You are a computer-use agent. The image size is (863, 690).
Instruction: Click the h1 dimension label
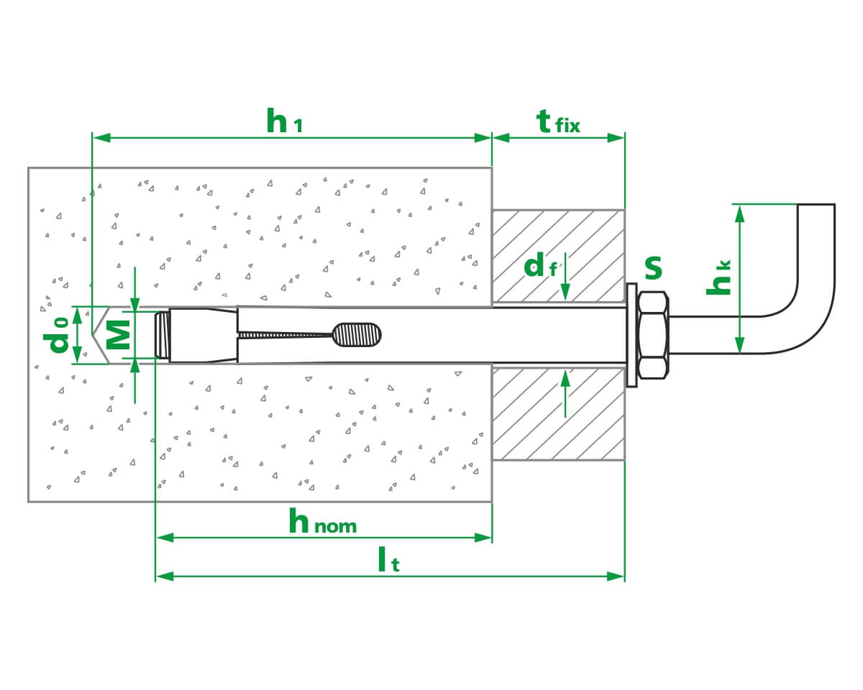click(284, 120)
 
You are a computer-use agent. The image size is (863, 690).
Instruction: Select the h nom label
click(322, 520)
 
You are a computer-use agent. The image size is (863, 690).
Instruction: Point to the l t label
click(388, 559)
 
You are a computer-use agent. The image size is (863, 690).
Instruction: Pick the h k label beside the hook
click(718, 278)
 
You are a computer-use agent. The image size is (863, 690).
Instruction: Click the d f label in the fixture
click(540, 264)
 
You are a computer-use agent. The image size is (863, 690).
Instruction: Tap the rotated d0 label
click(56, 334)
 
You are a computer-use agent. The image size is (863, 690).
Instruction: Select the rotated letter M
click(118, 335)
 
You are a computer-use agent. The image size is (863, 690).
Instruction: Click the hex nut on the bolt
click(653, 335)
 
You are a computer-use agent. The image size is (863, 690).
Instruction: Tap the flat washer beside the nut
click(631, 335)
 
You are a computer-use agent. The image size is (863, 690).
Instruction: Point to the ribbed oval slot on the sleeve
click(357, 335)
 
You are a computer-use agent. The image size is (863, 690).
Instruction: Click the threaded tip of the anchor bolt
click(162, 335)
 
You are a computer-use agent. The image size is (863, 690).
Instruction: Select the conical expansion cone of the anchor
click(204, 335)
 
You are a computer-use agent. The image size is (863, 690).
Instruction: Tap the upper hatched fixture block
click(558, 255)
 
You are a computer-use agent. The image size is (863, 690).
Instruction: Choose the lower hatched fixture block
click(558, 414)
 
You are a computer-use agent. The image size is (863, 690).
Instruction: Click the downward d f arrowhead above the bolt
click(565, 291)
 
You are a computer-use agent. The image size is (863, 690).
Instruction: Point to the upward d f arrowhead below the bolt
click(565, 379)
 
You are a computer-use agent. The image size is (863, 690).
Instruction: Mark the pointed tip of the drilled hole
click(93, 334)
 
